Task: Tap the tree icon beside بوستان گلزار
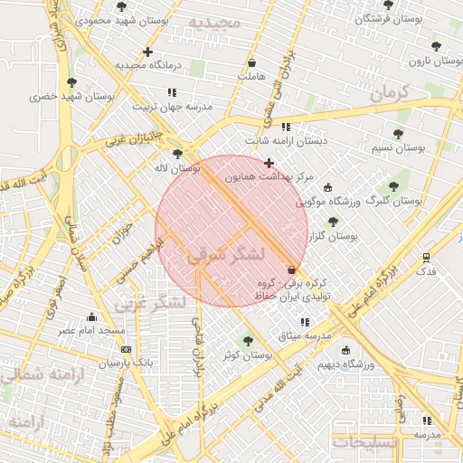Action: [333, 222]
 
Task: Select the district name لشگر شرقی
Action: [226, 256]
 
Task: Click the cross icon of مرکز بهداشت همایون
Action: [269, 163]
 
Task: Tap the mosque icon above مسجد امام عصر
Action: [91, 317]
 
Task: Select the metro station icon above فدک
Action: [426, 256]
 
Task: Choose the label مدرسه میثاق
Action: [304, 336]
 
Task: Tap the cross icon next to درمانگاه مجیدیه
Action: [148, 52]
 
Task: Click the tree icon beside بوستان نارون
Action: [437, 45]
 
